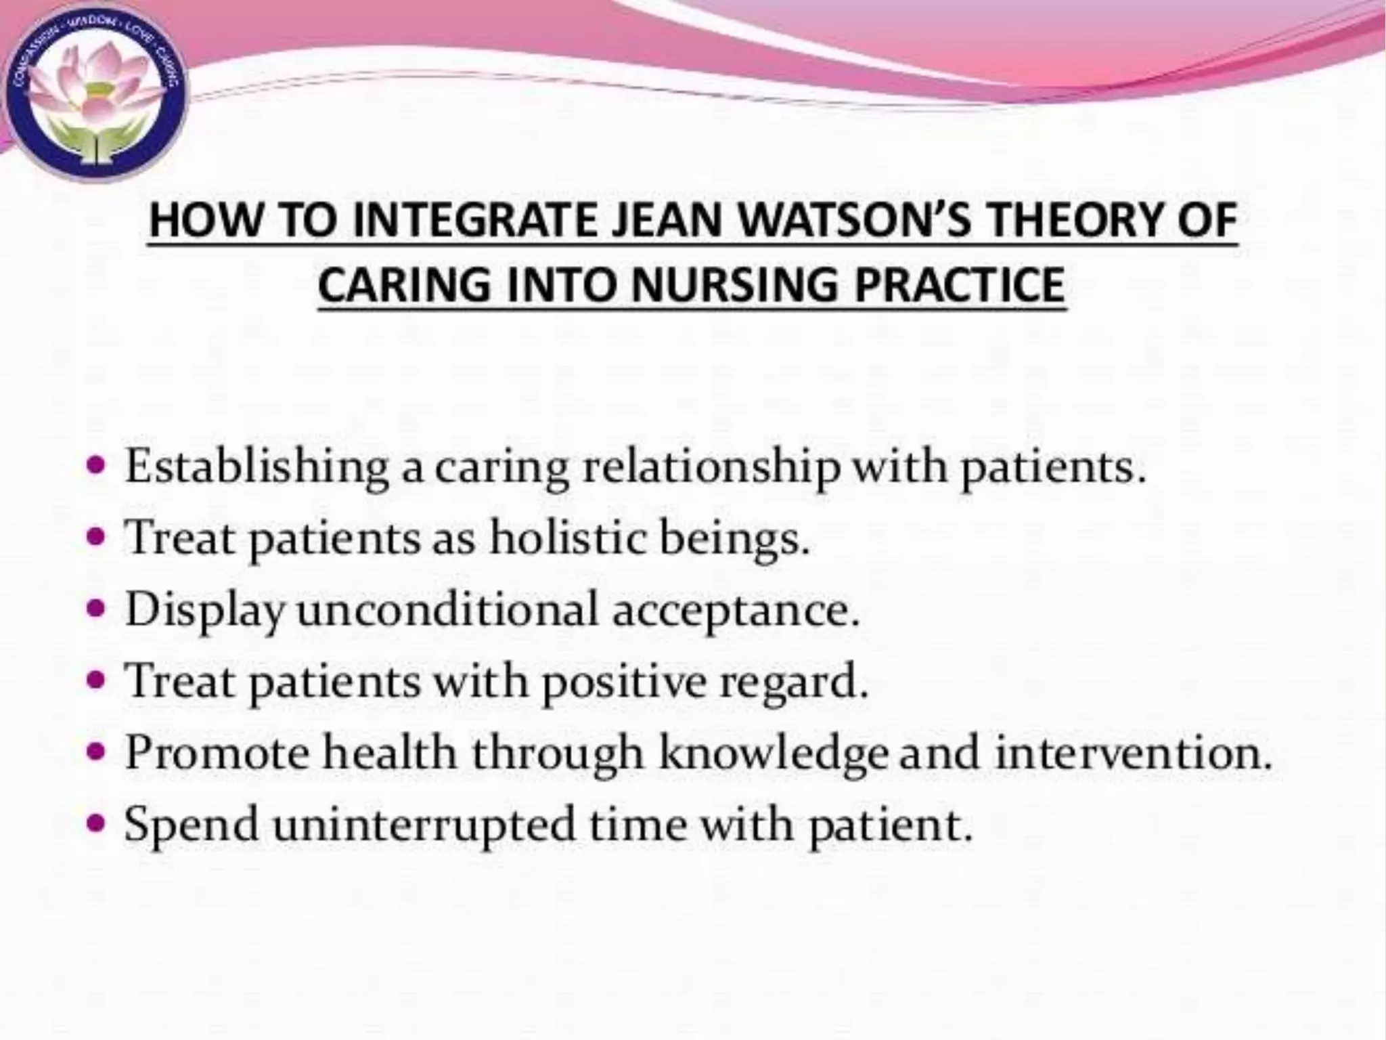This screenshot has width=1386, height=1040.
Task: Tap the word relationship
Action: click(711, 468)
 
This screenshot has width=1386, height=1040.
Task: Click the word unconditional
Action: click(447, 609)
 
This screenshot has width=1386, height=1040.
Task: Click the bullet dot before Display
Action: click(98, 609)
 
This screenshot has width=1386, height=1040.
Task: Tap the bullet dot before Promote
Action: click(98, 752)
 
